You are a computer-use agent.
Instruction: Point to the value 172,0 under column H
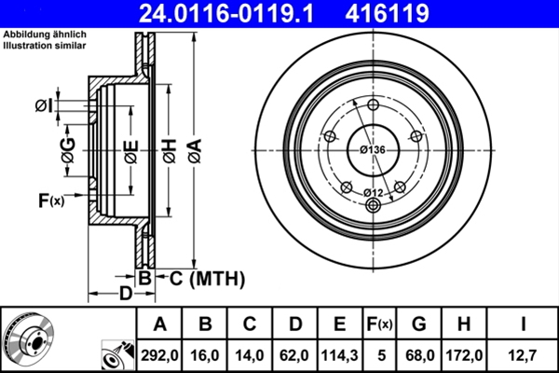tap(463, 355)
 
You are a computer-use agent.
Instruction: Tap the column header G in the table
tap(418, 325)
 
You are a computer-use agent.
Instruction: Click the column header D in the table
tap(295, 325)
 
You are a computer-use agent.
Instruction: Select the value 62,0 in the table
tap(295, 355)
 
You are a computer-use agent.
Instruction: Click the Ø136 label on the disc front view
tap(373, 150)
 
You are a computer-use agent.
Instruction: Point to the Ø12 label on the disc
tap(373, 192)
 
